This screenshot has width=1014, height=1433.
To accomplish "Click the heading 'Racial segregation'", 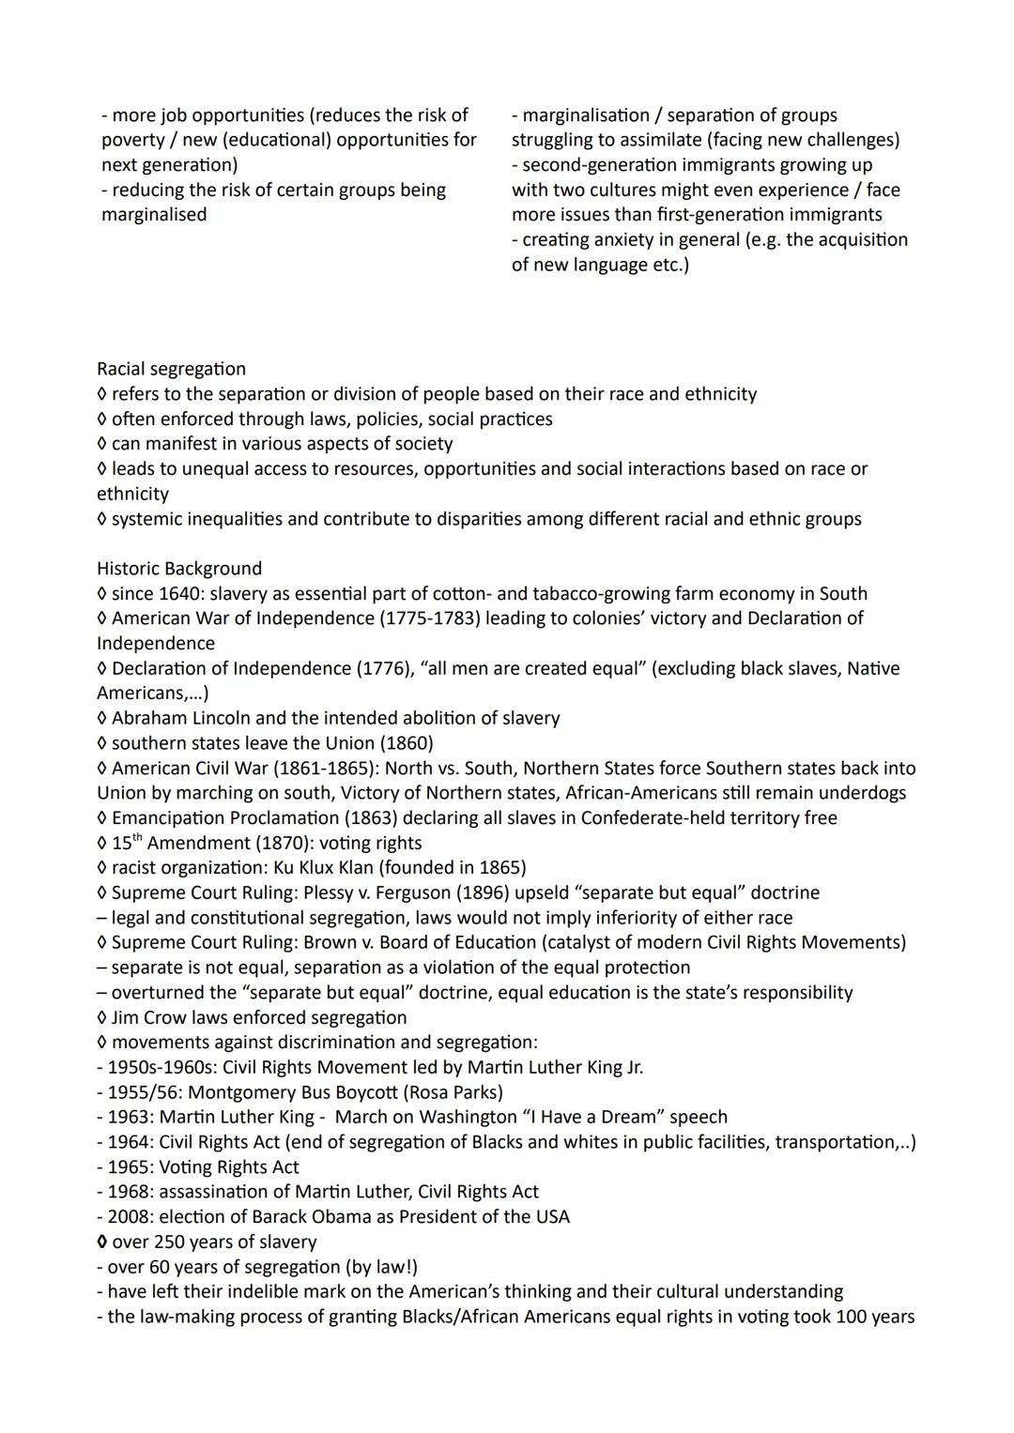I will pyautogui.click(x=171, y=369).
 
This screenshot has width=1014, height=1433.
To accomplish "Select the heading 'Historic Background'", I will pyautogui.click(x=179, y=569).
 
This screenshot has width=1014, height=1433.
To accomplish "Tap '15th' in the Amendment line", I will pyautogui.click(x=127, y=842).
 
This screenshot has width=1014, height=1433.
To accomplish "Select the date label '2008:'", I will pyautogui.click(x=131, y=1217).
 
